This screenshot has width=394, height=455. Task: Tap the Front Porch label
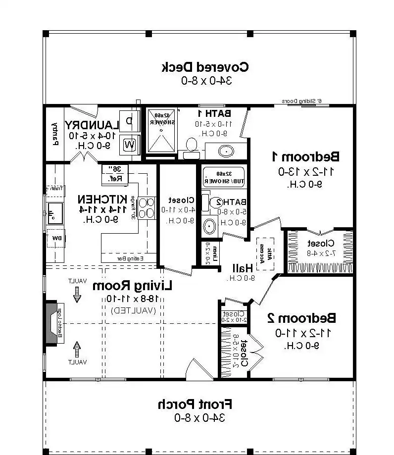(x=195, y=404)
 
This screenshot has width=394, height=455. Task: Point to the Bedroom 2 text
(x=301, y=317)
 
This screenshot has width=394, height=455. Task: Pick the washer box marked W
(x=129, y=145)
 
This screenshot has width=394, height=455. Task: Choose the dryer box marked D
(x=129, y=121)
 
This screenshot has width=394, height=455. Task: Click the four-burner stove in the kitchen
(x=147, y=207)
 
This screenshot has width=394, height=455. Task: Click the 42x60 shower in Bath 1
(x=159, y=130)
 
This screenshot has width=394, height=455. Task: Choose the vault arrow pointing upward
(x=77, y=350)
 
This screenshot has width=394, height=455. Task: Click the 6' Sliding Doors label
(x=301, y=101)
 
